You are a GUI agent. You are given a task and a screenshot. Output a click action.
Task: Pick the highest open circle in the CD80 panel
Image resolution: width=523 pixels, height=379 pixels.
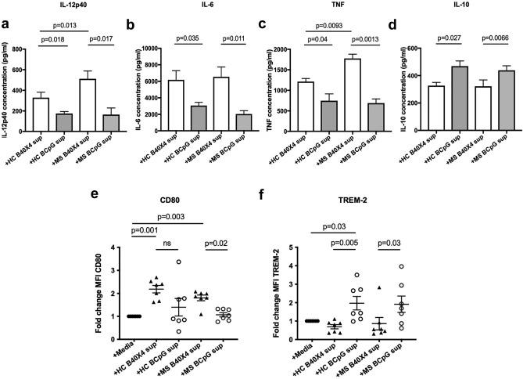tap(179, 262)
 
